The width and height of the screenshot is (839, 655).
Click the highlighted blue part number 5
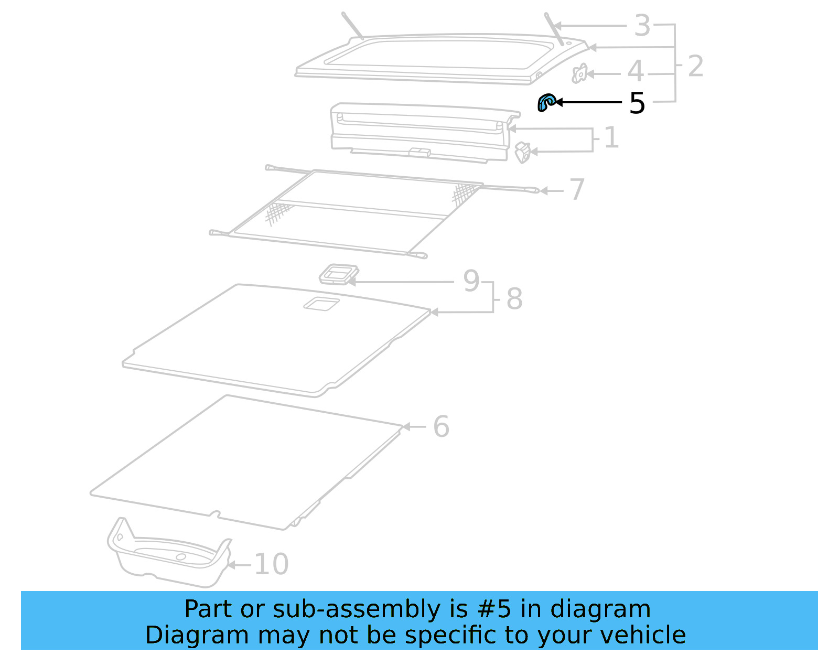click(x=546, y=102)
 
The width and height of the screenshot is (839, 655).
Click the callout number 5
click(x=637, y=103)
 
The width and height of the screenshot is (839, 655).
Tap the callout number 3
click(x=642, y=26)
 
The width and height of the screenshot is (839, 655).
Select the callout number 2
click(x=695, y=66)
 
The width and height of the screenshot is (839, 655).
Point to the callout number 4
click(x=636, y=71)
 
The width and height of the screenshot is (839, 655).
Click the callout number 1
click(x=611, y=138)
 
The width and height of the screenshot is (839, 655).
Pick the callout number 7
click(x=577, y=189)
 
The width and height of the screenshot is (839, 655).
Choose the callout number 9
click(x=471, y=281)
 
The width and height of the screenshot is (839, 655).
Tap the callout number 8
click(x=514, y=299)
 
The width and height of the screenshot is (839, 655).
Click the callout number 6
click(x=441, y=426)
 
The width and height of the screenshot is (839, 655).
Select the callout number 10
click(x=271, y=564)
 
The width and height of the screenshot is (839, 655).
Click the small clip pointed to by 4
click(x=579, y=73)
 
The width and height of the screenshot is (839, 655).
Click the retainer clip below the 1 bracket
click(x=523, y=153)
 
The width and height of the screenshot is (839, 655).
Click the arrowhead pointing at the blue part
click(x=558, y=102)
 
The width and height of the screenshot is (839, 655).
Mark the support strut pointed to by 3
click(x=554, y=29)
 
